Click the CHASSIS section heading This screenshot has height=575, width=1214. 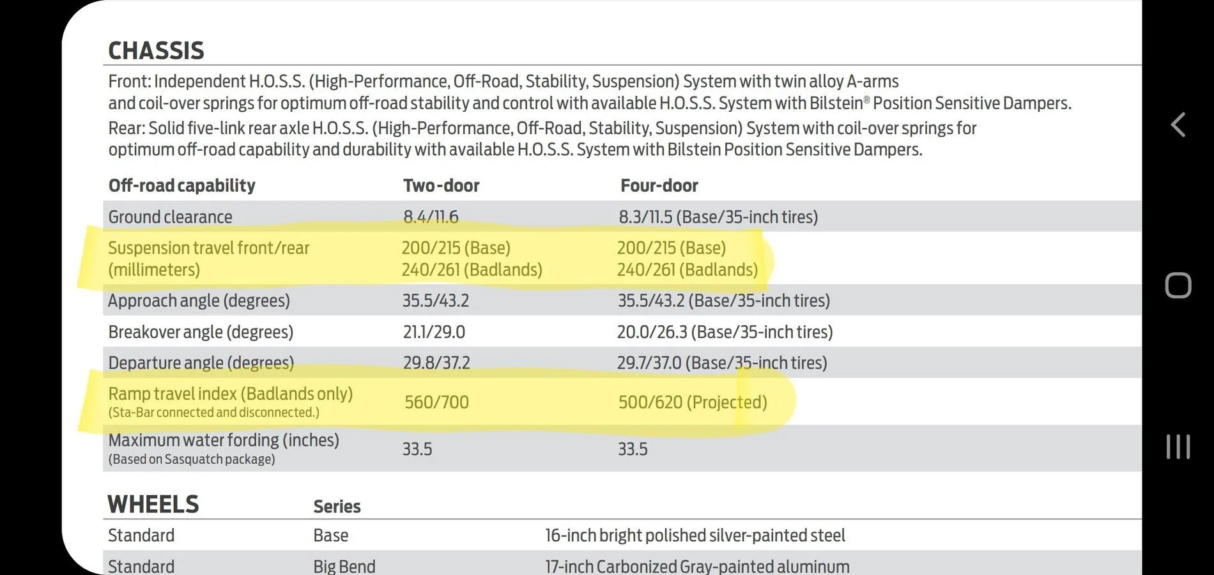(156, 50)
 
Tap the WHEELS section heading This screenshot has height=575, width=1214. (153, 504)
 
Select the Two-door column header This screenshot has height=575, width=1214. (441, 185)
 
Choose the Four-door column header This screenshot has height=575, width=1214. (659, 185)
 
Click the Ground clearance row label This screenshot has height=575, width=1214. (170, 217)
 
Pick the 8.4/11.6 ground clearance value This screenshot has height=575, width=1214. (431, 217)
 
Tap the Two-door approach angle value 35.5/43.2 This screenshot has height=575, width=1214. (435, 300)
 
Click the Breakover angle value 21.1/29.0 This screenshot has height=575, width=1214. (433, 332)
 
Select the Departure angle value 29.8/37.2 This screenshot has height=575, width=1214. (436, 363)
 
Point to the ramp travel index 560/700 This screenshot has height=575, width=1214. (436, 402)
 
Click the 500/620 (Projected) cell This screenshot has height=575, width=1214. (693, 402)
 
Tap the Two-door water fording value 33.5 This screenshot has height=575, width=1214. (417, 449)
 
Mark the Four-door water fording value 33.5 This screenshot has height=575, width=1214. (633, 449)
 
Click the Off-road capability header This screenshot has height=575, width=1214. (181, 185)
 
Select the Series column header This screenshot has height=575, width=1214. (337, 507)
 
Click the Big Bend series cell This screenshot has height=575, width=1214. (344, 566)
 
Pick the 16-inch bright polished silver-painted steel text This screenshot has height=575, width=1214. (695, 535)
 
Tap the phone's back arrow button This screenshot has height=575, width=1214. (1178, 125)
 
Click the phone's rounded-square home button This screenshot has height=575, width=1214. (1178, 286)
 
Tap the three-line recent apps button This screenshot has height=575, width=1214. (1178, 447)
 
